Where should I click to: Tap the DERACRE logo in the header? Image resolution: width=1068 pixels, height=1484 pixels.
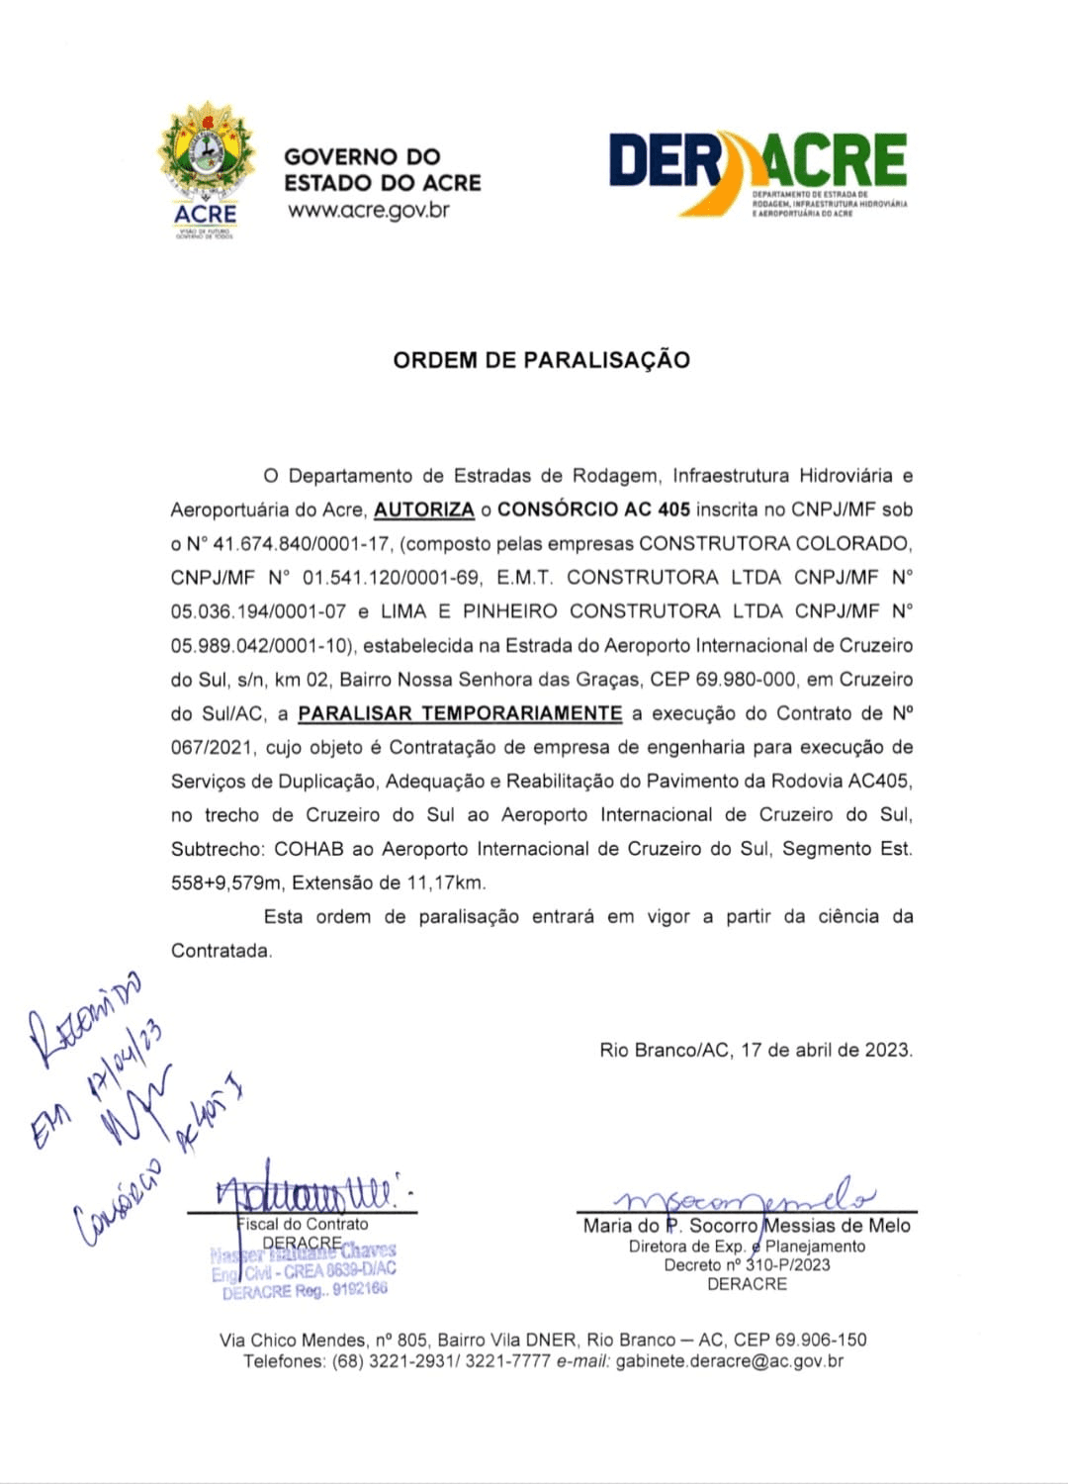tap(757, 172)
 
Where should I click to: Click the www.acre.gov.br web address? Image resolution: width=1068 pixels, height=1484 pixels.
tap(369, 210)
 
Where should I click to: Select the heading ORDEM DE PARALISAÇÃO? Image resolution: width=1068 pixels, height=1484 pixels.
tap(541, 360)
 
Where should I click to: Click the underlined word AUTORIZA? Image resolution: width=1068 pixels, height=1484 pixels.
tap(424, 510)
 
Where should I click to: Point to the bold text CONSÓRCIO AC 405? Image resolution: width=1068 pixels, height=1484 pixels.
tap(593, 510)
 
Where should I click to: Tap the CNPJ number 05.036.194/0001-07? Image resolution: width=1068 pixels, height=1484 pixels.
tap(258, 611)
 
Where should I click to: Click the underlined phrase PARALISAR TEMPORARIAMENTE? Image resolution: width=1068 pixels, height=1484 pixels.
tap(460, 713)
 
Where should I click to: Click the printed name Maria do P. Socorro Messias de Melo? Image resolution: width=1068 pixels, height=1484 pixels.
tap(747, 1226)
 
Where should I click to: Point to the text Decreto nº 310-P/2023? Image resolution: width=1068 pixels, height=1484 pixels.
tap(747, 1265)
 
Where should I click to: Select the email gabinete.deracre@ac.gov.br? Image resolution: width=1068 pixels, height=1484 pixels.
tap(730, 1361)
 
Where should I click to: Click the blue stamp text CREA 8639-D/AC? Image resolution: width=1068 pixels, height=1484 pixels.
tap(340, 1270)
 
